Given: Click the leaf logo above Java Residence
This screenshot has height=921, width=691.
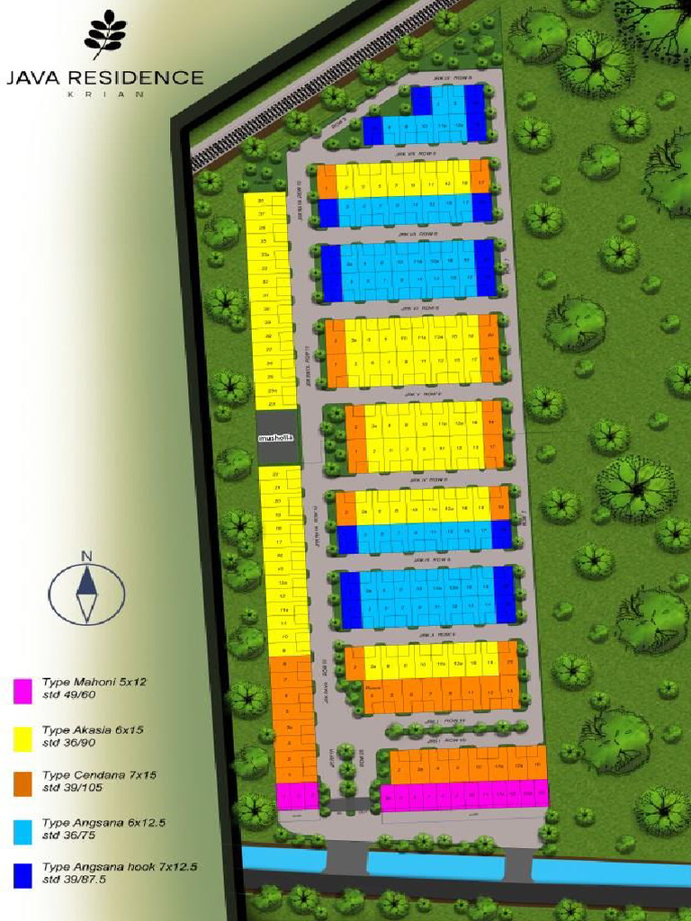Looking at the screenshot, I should [104, 34].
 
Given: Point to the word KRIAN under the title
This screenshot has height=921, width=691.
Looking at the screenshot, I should [105, 94].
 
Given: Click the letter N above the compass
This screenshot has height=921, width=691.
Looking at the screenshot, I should [86, 556].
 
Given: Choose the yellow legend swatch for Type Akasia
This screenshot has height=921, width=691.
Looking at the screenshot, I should [23, 736].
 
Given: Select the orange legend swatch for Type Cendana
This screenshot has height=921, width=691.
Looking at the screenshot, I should [23, 782].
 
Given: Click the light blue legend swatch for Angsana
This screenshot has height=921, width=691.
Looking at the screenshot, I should [23, 828].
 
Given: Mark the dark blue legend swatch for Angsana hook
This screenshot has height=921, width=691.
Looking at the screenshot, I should [23, 873].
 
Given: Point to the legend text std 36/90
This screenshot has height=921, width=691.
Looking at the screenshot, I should [69, 743].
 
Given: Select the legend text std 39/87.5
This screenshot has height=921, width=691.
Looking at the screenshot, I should [75, 881].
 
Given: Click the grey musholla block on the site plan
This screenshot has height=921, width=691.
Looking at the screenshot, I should [276, 438].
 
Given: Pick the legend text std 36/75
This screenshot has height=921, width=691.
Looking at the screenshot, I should [69, 835].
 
